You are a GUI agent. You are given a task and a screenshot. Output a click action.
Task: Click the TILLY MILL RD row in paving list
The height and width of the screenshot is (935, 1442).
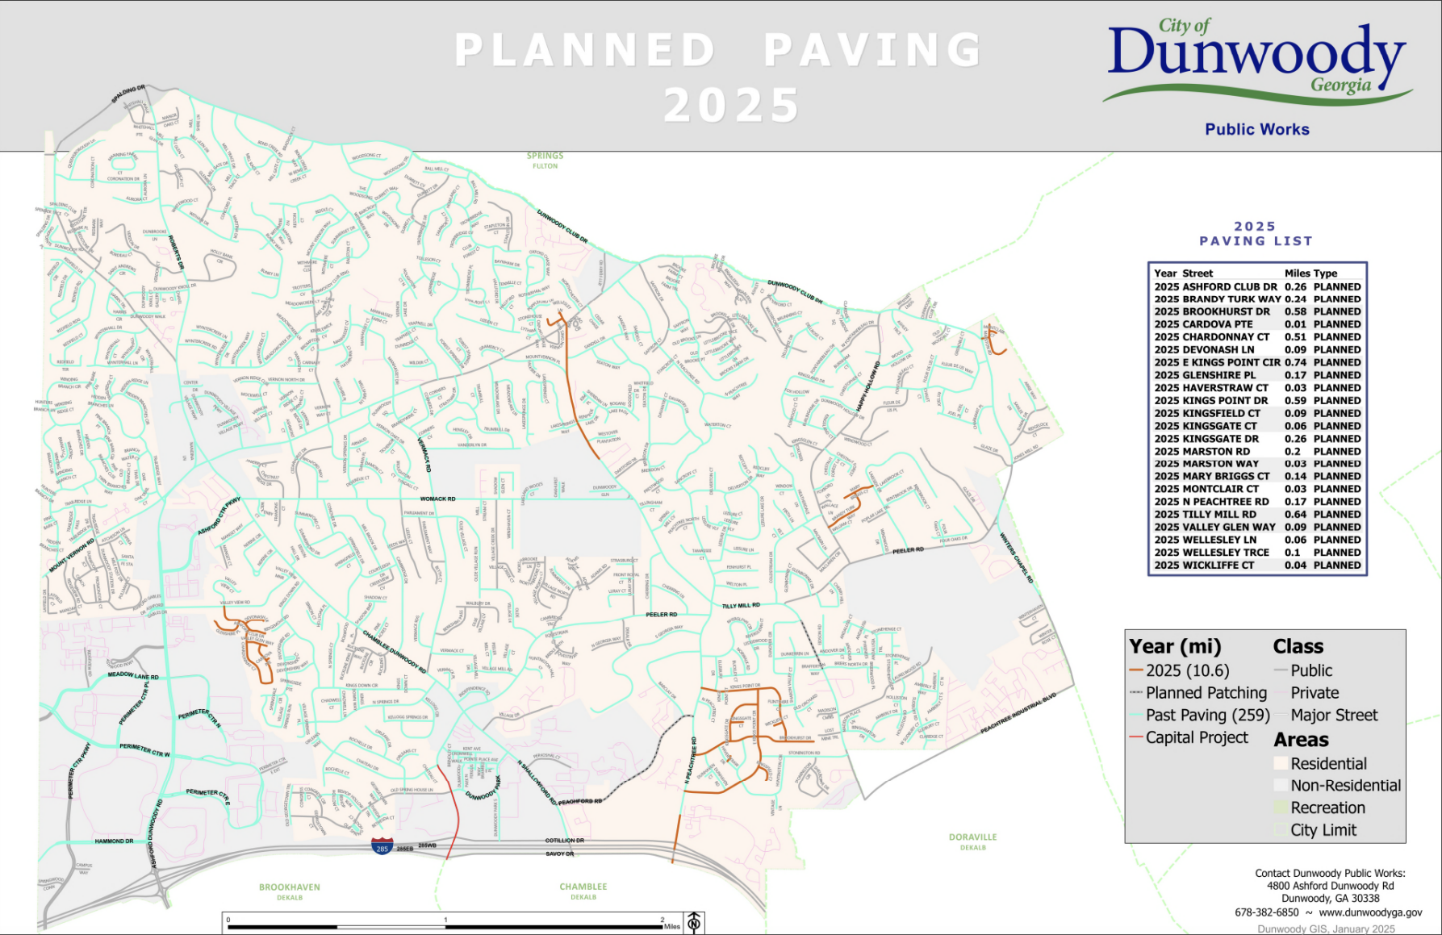pos(1256,514)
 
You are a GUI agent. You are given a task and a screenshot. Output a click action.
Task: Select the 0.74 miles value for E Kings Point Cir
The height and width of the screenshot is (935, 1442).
pos(1295,362)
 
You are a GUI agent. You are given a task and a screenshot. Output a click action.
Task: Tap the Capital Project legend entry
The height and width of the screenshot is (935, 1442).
pos(1196,737)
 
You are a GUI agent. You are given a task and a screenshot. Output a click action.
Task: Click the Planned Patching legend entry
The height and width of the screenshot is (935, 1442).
pos(1206,693)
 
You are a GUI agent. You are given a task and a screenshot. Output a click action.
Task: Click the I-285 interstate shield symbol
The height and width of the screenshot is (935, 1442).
pos(382,846)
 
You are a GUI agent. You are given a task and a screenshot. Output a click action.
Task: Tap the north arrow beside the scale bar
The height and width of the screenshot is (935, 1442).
pos(694,922)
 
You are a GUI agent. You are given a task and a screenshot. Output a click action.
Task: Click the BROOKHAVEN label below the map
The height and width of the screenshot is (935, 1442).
pos(290,887)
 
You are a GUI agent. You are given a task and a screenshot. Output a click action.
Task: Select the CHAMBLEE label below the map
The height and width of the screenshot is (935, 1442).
pos(583,887)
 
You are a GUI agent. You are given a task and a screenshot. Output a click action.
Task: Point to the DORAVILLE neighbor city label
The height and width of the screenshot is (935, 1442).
pos(972,837)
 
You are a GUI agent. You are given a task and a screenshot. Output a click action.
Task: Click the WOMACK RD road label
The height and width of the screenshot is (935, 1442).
pos(438,499)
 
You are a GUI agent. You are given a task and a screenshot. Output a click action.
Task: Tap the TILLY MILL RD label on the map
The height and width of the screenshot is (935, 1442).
pos(741,605)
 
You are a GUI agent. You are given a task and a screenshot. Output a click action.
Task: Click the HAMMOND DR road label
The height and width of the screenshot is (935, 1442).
pos(114,841)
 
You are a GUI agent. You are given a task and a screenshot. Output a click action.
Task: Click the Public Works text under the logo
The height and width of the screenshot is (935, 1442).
pos(1256,129)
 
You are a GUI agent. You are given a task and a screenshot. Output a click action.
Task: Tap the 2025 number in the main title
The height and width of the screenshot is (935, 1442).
pos(731,106)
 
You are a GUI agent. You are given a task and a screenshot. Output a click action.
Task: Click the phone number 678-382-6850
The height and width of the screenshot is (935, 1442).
pos(1266,912)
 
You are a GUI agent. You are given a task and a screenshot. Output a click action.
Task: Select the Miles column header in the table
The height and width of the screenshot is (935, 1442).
pos(1297,273)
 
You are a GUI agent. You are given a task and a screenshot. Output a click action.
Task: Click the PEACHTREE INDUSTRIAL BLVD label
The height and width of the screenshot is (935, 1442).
pos(1018,713)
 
